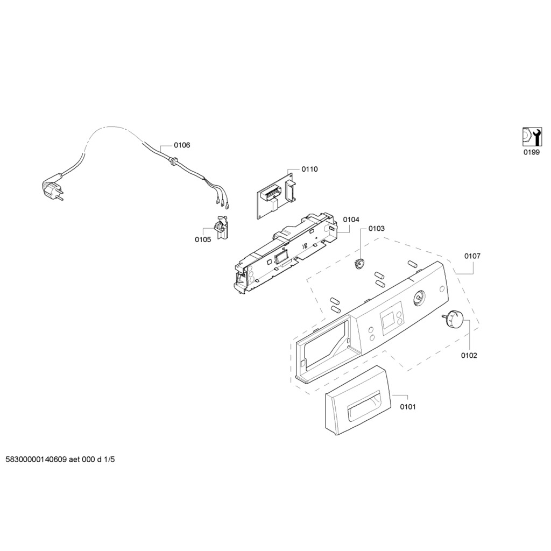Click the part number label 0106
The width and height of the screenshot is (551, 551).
coord(182,145)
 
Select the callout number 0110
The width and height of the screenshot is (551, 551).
coord(309,169)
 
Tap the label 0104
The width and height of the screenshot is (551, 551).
coord(351,220)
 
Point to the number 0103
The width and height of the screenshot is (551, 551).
coord(376,229)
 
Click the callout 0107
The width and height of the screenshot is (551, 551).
coord(472,256)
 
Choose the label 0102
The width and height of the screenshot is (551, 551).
coord(469,356)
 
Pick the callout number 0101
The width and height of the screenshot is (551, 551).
coord(408,407)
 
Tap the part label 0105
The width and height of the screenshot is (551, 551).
coord(203,239)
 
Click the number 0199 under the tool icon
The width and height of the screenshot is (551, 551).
coord(531,152)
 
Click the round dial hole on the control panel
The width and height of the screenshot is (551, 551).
coord(419,298)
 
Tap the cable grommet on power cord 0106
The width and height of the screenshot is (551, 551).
coord(173,161)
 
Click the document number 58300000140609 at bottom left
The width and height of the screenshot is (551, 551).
coord(36,460)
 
